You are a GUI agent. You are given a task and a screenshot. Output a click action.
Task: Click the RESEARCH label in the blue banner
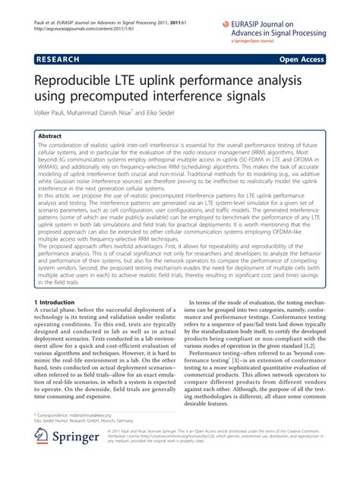pos(58,58)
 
